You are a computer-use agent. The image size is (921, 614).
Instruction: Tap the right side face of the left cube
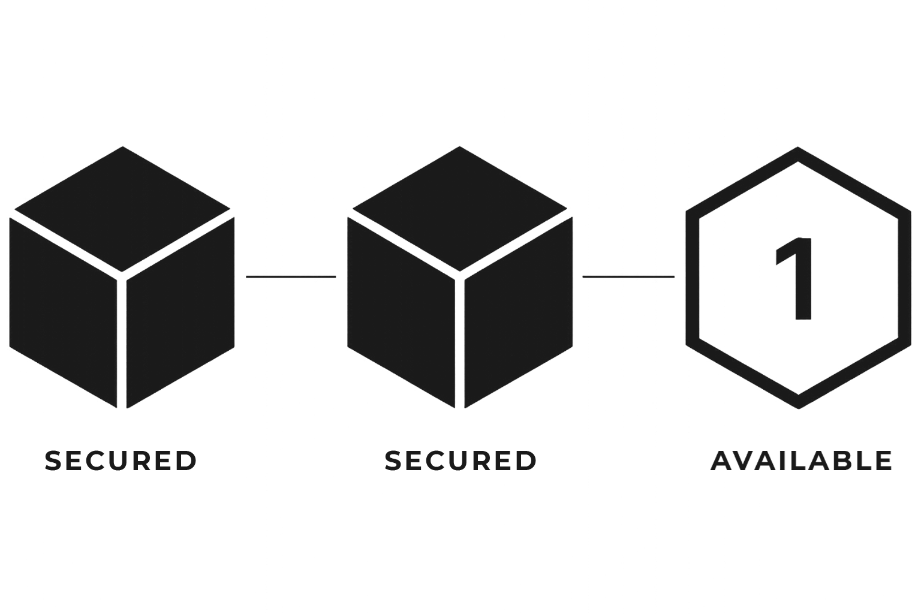(x=180, y=309)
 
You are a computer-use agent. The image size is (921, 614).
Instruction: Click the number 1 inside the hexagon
(x=796, y=278)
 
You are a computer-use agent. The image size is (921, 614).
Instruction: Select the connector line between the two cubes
(x=291, y=276)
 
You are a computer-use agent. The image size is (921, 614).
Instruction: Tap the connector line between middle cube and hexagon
(x=628, y=276)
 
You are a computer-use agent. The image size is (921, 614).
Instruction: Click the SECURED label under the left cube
(x=121, y=460)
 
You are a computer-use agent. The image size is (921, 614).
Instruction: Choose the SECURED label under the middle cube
(x=460, y=460)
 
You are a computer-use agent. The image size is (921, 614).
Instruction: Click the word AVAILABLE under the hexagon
(x=802, y=460)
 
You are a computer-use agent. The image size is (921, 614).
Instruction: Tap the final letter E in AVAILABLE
(x=882, y=460)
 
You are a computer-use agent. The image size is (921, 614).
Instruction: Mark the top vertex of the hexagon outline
(x=798, y=150)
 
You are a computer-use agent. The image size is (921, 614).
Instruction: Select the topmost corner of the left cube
(x=122, y=147)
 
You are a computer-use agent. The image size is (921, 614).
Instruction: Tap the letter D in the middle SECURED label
(x=525, y=460)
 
